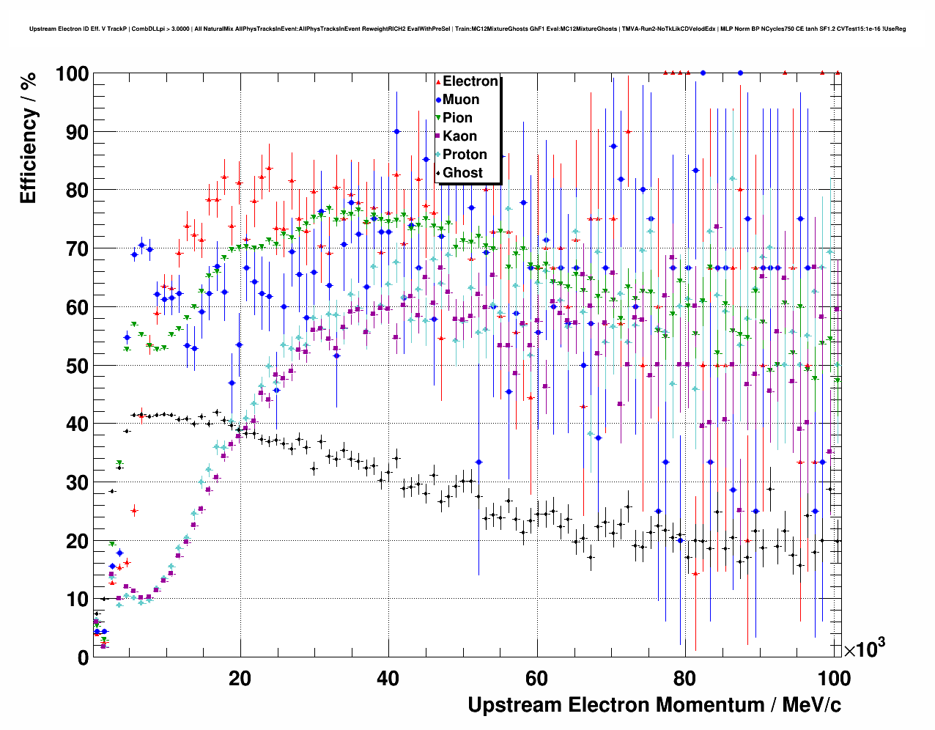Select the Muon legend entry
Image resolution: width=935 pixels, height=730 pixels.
pos(461,100)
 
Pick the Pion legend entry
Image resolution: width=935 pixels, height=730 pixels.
pos(457,118)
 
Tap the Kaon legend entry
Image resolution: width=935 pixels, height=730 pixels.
pos(459,136)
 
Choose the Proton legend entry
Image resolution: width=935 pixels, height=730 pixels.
pos(465,155)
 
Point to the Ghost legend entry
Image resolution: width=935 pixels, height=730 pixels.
pos(462,173)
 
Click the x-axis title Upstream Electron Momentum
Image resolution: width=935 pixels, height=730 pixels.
pos(654,705)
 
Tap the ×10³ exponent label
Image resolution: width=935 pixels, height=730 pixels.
pos(864,649)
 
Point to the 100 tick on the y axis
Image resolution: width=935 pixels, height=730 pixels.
pos(71,74)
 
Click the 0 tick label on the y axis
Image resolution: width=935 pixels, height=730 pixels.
pos(83,657)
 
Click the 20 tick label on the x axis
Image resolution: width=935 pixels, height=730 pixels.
pos(240,679)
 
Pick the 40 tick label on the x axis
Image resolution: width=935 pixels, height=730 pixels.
pos(388,679)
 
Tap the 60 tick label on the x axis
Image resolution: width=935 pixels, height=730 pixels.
pos(537,679)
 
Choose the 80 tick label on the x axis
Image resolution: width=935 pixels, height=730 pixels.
pos(685,679)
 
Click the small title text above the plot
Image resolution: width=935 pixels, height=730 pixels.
pos(467,29)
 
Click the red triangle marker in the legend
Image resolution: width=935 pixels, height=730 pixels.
pos(438,81)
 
